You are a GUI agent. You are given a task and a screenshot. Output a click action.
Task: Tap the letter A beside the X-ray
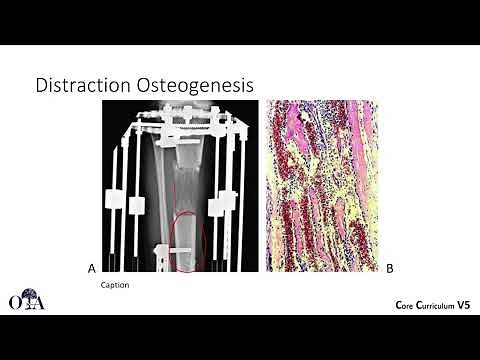click(x=92, y=268)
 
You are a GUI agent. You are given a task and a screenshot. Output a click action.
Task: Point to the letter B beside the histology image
click(x=389, y=268)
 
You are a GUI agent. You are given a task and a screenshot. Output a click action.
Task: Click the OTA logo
click(x=26, y=299)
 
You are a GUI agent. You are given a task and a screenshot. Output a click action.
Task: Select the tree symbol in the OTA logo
click(x=26, y=296)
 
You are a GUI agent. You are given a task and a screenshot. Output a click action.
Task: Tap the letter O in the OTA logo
click(x=13, y=302)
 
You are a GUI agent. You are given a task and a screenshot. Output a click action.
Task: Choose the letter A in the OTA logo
click(x=39, y=302)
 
